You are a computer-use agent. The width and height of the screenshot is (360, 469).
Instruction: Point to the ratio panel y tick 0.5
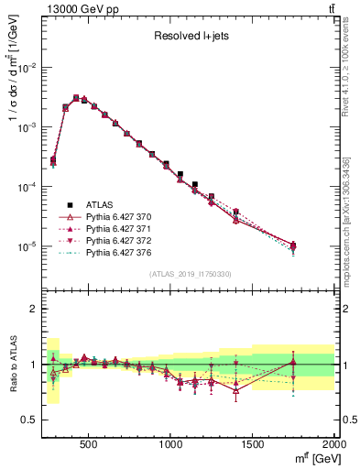click(29, 420)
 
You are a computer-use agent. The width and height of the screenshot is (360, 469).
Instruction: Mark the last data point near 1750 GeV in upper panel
click(293, 245)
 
